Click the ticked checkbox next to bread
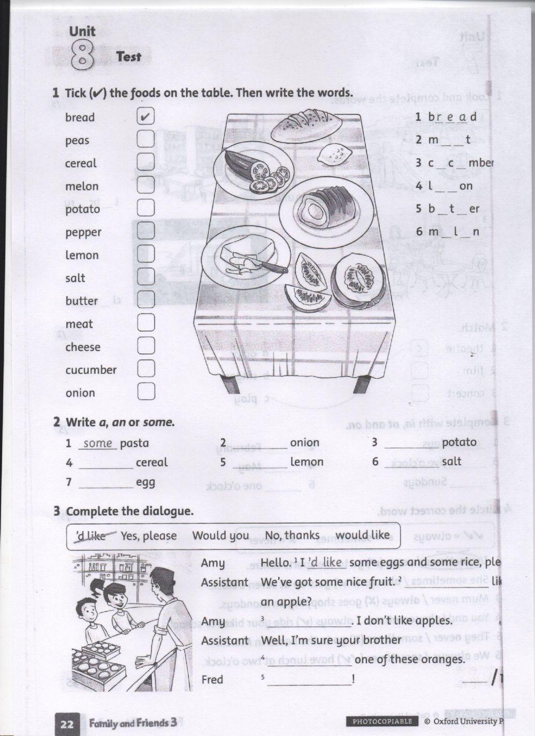pos(146,117)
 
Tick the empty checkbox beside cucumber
pos(146,369)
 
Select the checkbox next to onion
pos(146,392)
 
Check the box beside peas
pos(146,140)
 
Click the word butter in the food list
pos(81,301)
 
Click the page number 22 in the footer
pos(67,724)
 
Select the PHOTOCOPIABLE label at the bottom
pos(383,722)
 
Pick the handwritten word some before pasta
pos(98,443)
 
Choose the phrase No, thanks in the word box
pos(292,535)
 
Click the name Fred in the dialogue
pos(212,679)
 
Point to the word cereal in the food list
pos(81,163)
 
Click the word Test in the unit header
pos(128,57)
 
